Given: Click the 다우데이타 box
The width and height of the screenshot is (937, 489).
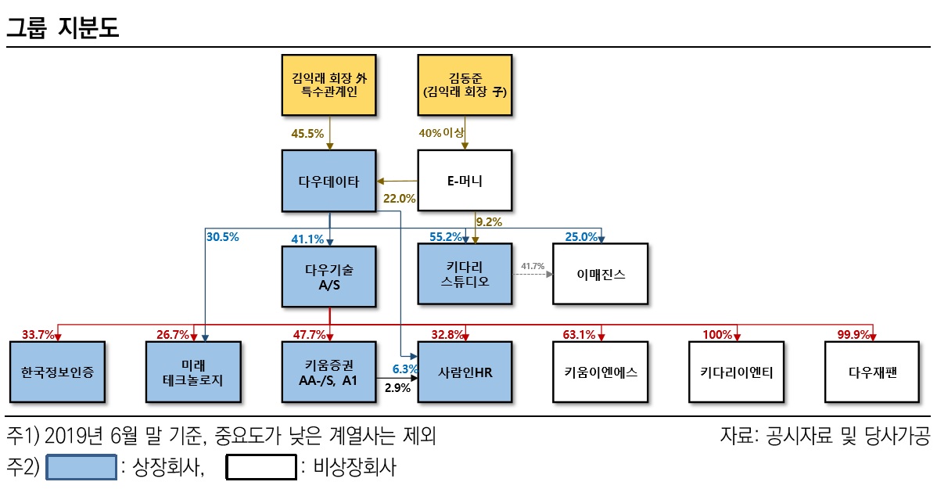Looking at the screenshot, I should point(329,181).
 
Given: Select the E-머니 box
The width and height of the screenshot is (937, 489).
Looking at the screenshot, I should point(465,181).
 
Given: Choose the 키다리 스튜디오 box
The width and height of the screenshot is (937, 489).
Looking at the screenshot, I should point(465,274).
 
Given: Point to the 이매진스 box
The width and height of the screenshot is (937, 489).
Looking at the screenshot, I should point(601,274).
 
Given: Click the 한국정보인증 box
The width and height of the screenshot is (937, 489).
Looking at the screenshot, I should point(57,372).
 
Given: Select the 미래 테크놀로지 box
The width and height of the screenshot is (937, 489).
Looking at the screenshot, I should point(193,372).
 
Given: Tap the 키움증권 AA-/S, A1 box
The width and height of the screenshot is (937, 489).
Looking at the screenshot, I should point(329,372).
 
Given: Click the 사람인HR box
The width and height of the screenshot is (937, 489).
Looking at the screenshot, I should point(465,372).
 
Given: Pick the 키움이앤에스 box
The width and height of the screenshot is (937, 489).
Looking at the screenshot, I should point(601,372).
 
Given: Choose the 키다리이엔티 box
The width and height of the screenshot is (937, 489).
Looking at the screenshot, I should point(737,372).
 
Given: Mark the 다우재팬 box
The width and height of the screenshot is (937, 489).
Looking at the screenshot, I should point(873,372).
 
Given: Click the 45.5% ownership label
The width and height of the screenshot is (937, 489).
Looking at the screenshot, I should point(307,134).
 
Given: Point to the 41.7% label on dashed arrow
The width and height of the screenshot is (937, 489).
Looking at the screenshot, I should point(532,266).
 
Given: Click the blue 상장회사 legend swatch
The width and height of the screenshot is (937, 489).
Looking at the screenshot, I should point(81,467).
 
